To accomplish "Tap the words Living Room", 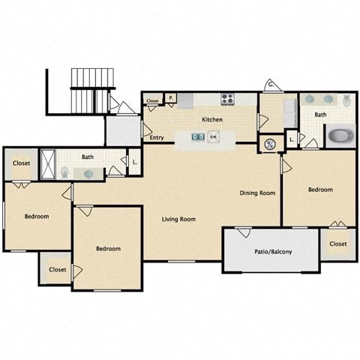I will pos(178,219).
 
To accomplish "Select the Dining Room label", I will pos(257,193).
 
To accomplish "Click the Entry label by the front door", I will pos(157,138).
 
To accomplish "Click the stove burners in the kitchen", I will pos(228,99).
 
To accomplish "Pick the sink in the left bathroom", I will pos(89,173).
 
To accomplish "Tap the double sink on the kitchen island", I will pos(196,137).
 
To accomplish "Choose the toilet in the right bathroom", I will pos(346,100).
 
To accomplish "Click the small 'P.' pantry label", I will pos(170,97).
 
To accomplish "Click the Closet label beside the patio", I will pos(337,244).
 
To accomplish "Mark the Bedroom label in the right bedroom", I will pos(320,190).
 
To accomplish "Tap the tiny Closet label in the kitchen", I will pos(153,100).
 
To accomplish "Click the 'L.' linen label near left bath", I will pos(133,161).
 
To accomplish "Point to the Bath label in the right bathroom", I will pos(320,115).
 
